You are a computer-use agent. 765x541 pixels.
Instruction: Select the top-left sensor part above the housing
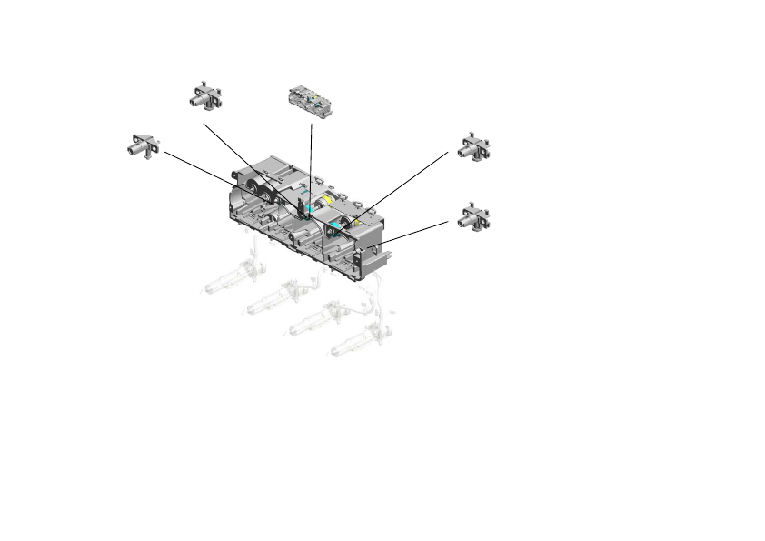pos(206,95)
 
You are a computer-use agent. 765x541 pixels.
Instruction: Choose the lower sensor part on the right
pos(474,217)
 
